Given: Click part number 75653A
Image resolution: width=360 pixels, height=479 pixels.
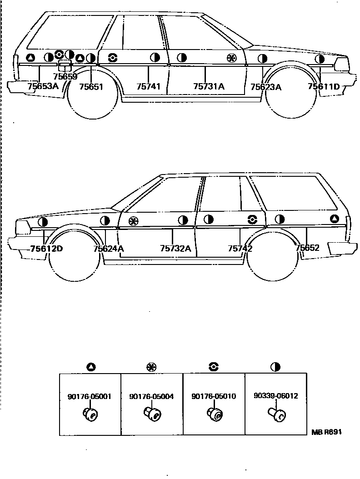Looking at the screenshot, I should [x=43, y=85].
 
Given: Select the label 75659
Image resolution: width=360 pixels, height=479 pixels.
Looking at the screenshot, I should [x=65, y=77].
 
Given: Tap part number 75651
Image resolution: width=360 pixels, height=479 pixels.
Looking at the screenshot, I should [x=91, y=86].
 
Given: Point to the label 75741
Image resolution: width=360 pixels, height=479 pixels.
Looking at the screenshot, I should [x=149, y=86].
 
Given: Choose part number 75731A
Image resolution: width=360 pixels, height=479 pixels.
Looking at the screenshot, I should [x=209, y=86].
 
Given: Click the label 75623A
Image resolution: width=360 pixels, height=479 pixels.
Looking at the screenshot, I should [x=266, y=87].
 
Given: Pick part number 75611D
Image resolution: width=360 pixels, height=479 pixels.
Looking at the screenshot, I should [x=324, y=86].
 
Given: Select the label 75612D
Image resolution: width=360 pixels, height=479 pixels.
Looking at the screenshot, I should [x=46, y=249].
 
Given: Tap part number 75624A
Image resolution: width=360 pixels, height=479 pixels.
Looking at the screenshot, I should [x=109, y=249].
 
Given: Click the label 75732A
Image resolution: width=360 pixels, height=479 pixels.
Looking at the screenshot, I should [x=175, y=249].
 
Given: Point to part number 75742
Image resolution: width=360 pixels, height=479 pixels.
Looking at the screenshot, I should [x=240, y=249].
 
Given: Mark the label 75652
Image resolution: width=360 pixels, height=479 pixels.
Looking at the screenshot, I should [x=307, y=248].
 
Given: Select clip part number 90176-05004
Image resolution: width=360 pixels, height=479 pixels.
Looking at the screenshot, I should [x=151, y=396].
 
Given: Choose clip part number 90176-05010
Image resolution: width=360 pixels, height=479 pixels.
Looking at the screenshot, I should [x=214, y=396].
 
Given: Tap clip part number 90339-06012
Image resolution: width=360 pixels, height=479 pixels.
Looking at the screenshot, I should [x=276, y=396].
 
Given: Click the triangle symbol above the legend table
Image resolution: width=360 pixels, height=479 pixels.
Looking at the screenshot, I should [x=90, y=367].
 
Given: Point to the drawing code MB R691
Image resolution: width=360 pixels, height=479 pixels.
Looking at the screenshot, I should [x=326, y=432].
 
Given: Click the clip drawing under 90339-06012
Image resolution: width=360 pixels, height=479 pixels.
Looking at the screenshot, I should [x=276, y=414].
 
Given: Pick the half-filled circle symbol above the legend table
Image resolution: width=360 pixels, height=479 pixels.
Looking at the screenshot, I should [x=275, y=367].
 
